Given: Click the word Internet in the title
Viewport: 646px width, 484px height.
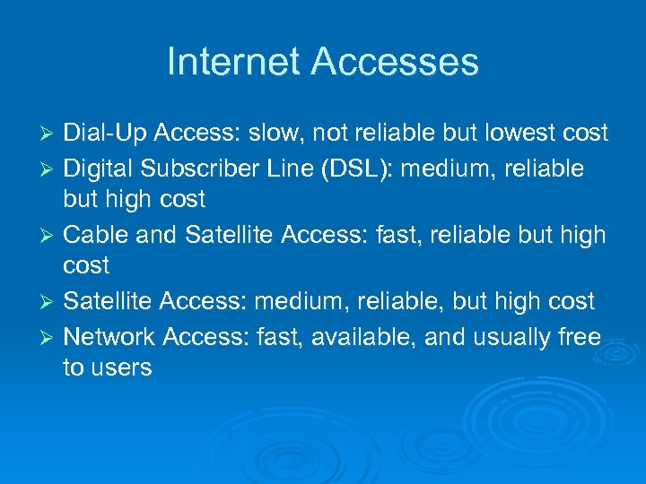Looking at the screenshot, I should (234, 62).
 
